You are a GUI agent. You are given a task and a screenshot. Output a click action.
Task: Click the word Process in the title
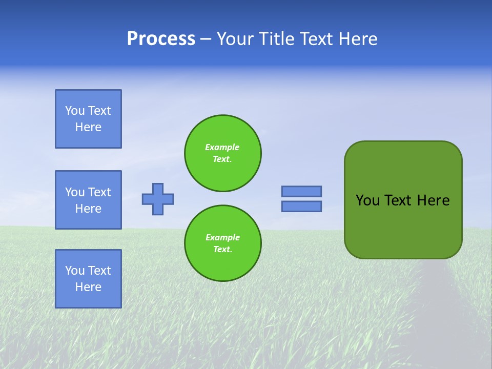point(161,39)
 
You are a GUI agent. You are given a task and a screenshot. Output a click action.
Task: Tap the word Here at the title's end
point(357,39)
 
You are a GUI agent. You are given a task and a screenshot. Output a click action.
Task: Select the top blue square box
point(88,119)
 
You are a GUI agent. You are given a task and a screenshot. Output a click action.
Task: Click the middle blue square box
point(88,200)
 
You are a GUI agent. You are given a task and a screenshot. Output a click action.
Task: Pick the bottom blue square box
point(88,279)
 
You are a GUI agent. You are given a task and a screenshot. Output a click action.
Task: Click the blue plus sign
point(158,199)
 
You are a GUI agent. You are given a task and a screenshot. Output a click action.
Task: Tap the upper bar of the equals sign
point(301,191)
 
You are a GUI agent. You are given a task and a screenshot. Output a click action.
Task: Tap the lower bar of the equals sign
point(301,206)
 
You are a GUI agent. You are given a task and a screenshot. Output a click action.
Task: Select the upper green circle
point(223,153)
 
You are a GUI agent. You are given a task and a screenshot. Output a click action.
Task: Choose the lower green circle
point(223,243)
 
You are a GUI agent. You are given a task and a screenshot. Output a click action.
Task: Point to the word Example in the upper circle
point(222,147)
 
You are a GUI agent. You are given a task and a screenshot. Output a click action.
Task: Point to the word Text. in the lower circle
point(222,250)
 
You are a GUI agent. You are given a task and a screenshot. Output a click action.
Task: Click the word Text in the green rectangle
point(397,200)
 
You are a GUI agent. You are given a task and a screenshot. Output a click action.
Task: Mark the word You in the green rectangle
point(367,200)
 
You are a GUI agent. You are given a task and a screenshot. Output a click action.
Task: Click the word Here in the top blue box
point(88,127)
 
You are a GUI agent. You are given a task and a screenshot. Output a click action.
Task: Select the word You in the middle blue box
point(75,192)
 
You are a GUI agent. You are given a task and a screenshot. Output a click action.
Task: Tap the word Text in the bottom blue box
point(99,271)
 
